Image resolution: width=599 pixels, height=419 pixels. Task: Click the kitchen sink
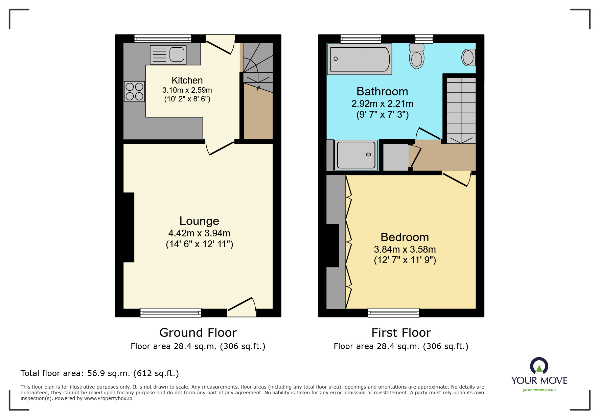tap(168, 54)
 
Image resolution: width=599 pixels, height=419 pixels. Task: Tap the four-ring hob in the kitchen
tap(134, 92)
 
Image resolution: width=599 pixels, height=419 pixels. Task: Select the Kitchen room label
tap(187, 80)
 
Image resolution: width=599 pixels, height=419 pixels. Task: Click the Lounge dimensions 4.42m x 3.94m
tap(199, 233)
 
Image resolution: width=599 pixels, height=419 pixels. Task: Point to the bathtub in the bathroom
tap(360, 59)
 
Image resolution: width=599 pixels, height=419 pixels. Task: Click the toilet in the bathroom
tap(417, 56)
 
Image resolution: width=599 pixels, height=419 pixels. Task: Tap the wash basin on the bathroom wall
tap(468, 57)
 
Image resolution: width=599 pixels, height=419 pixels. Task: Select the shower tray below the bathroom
tap(356, 155)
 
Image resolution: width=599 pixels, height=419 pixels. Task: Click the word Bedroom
tap(405, 237)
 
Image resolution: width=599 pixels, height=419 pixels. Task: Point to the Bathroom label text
tap(382, 92)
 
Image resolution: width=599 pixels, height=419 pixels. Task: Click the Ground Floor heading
tap(198, 333)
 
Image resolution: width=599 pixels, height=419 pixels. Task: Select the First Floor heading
tap(401, 333)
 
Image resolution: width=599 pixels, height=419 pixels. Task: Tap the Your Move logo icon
tap(539, 366)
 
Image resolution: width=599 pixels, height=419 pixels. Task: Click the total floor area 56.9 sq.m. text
tap(99, 373)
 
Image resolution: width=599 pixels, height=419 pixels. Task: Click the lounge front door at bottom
tap(241, 308)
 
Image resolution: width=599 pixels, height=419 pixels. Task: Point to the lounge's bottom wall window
tap(171, 313)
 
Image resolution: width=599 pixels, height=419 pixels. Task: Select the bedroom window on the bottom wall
tap(393, 313)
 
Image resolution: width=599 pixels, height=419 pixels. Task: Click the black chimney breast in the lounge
tap(129, 227)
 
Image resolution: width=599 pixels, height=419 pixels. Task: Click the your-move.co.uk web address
tap(539, 390)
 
